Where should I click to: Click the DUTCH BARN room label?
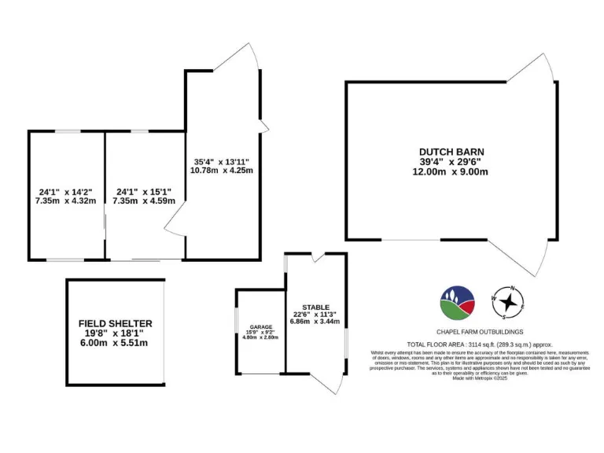[x=451, y=152]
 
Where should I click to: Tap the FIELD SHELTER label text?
[x=115, y=323]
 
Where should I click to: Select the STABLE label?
[x=315, y=308]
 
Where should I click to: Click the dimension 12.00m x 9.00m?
[x=451, y=172]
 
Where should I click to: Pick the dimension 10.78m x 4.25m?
[x=221, y=170]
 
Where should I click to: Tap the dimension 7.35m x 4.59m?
[x=144, y=201]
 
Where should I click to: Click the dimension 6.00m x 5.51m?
[x=115, y=343]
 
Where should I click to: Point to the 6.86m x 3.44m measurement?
[x=315, y=322]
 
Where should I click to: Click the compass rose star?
[x=509, y=300]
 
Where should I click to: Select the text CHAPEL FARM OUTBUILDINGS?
[x=479, y=332]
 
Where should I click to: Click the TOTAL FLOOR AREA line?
[x=479, y=344]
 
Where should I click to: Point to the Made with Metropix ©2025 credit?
[x=479, y=378]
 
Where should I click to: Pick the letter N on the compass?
[x=512, y=288]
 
